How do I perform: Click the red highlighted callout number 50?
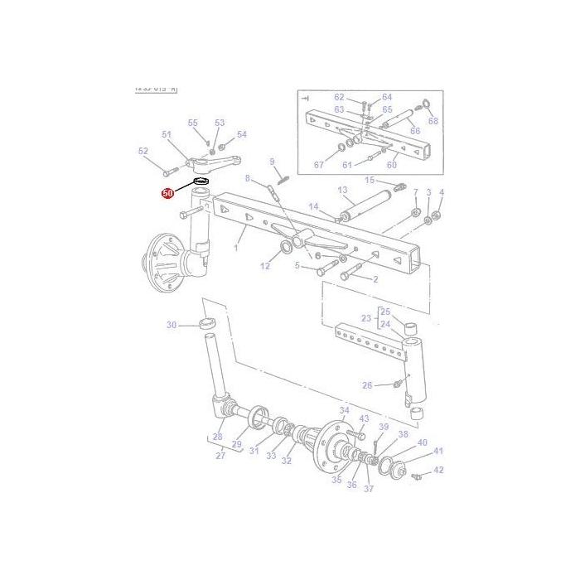(168, 193)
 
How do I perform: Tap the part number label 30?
(172, 325)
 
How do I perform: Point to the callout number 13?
(342, 190)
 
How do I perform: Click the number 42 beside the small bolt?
(438, 470)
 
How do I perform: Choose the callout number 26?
(366, 385)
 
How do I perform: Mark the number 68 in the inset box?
(433, 121)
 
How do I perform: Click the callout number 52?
(143, 151)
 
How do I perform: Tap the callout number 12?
(265, 266)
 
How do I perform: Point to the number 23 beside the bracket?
(366, 317)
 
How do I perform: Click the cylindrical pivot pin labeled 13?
(366, 206)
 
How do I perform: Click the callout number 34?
(344, 411)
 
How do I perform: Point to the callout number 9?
(271, 161)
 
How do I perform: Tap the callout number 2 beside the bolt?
(375, 279)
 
